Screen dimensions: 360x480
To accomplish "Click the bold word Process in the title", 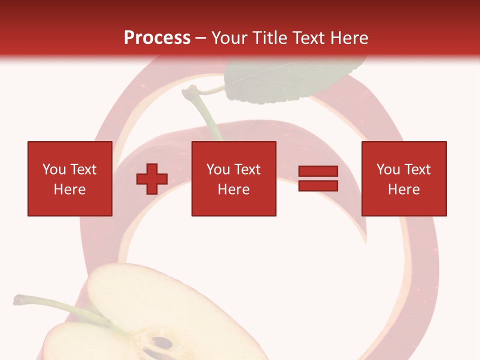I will [157, 37].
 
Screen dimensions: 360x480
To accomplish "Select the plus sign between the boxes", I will [152, 179].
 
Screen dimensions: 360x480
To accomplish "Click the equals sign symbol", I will [318, 179].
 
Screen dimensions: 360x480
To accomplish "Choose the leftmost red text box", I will [70, 178].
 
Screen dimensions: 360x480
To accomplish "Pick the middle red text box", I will [233, 178].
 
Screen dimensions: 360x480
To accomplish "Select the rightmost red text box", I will [404, 178].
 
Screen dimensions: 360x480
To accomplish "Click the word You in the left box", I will [54, 169].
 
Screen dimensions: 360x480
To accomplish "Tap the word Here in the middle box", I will [233, 189].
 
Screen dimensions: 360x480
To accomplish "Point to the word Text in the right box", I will [417, 169].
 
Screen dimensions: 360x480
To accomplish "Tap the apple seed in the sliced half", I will [162, 343].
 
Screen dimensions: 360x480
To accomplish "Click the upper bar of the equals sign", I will [318, 171].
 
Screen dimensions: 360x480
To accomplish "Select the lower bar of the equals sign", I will [318, 186].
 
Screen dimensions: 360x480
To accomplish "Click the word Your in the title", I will [229, 37].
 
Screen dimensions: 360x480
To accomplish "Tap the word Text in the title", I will [309, 37].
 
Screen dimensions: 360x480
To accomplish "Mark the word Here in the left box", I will [69, 189].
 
